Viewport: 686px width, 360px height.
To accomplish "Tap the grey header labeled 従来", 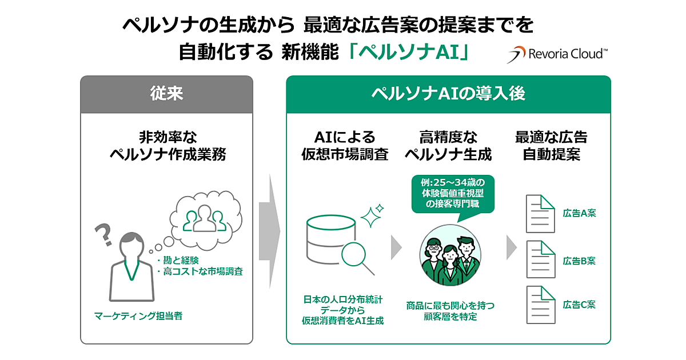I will (x=166, y=94).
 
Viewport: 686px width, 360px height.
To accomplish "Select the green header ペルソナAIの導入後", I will (x=448, y=94).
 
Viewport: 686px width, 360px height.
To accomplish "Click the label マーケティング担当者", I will (x=139, y=315).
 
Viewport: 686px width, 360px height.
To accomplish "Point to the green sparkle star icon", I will (x=372, y=216).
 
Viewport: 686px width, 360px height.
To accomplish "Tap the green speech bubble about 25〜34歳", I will (x=452, y=193).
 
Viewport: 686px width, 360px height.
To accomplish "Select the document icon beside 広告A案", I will (x=540, y=214).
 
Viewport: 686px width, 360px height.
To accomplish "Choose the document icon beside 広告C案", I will (x=540, y=305).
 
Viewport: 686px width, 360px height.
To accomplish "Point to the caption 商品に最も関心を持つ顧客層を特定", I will (x=450, y=311).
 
